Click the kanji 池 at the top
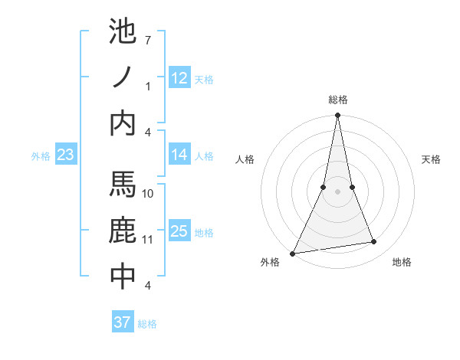click(123, 32)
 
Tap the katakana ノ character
click(123, 77)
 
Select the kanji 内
click(123, 123)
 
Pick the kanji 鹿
click(123, 231)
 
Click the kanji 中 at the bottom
click(123, 277)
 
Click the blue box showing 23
click(65, 155)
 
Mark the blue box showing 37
click(122, 322)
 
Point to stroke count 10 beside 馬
click(148, 193)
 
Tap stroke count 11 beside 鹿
click(148, 239)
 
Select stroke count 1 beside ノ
click(148, 86)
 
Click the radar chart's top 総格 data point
click(337, 116)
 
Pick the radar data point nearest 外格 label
click(293, 253)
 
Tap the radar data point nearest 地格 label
click(374, 242)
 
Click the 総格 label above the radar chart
click(337, 100)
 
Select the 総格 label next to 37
click(147, 324)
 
